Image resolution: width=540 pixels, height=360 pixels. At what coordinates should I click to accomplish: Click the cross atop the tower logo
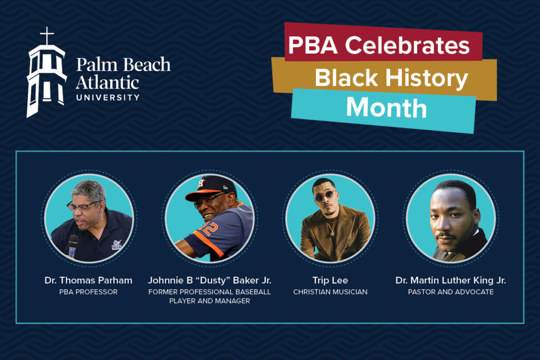click(x=47, y=36)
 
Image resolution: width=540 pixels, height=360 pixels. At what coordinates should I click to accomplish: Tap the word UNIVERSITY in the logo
click(x=108, y=97)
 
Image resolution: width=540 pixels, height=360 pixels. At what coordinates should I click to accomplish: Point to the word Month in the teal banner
click(x=386, y=108)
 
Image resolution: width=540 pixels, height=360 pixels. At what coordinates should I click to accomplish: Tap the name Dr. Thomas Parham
click(x=88, y=280)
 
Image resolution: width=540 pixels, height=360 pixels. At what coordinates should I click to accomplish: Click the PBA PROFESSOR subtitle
click(x=88, y=292)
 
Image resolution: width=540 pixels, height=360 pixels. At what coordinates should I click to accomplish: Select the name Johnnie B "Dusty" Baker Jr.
click(x=209, y=280)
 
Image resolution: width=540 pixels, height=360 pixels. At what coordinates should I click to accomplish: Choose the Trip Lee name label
click(x=330, y=280)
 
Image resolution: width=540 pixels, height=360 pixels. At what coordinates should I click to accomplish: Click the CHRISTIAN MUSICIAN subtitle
click(x=330, y=292)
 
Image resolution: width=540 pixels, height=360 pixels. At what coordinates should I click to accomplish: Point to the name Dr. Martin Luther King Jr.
click(x=450, y=280)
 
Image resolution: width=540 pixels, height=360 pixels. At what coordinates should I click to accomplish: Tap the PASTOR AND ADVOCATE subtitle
click(x=450, y=292)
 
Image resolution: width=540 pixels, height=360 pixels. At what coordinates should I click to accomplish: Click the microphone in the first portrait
click(x=73, y=245)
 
